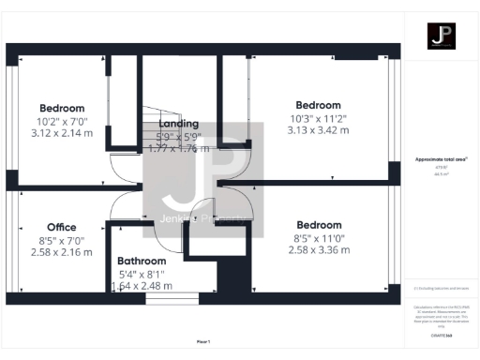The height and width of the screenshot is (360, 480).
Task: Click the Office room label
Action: click(x=62, y=227)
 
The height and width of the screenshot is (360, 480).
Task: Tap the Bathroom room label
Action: click(x=142, y=261)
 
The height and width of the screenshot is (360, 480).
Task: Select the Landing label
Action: click(x=178, y=124)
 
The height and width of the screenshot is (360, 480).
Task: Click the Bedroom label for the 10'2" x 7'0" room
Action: click(x=62, y=108)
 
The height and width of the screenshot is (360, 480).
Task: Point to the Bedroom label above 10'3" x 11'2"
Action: click(x=319, y=105)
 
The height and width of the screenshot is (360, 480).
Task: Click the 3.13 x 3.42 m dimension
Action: click(x=319, y=131)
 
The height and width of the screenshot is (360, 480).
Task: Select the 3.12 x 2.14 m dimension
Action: click(x=62, y=133)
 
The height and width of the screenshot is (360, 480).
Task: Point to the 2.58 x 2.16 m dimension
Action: click(x=62, y=253)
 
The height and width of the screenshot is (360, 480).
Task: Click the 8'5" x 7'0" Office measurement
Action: click(x=62, y=240)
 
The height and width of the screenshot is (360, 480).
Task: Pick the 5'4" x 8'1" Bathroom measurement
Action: click(x=142, y=274)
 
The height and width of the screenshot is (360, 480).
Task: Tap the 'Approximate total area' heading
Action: click(x=441, y=159)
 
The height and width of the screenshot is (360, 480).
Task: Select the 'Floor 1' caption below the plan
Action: click(x=203, y=342)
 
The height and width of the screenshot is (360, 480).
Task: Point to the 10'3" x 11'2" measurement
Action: click(x=319, y=118)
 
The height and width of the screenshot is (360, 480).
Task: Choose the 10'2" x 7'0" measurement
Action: click(x=62, y=121)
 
